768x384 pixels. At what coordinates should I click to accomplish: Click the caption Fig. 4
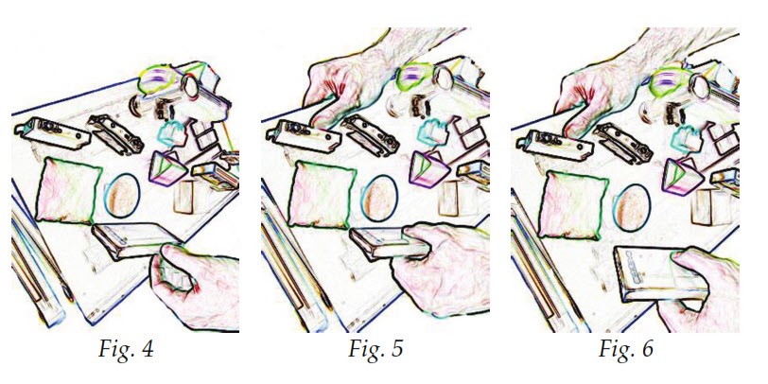click(x=126, y=350)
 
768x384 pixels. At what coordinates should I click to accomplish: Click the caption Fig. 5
click(x=375, y=350)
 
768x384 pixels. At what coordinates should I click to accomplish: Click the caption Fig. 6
click(x=625, y=350)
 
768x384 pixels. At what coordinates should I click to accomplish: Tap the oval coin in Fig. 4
click(x=122, y=196)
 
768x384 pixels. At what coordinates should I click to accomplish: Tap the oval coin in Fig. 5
click(x=379, y=198)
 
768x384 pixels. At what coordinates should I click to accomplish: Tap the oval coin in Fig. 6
click(x=632, y=208)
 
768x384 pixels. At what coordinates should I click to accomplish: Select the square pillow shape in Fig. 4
click(x=68, y=190)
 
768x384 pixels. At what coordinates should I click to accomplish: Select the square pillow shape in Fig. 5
click(x=320, y=194)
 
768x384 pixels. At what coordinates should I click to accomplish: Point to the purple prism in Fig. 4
click(x=167, y=168)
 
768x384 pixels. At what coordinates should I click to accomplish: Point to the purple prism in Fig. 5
click(x=429, y=169)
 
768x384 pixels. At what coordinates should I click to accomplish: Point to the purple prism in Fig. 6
click(x=683, y=176)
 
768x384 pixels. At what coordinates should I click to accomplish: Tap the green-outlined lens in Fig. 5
click(x=414, y=77)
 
